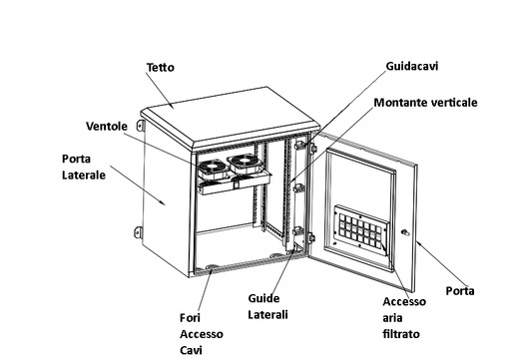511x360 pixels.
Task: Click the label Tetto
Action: coord(161,68)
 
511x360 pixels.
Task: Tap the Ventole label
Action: coord(107,127)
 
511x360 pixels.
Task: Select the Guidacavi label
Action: coord(412,66)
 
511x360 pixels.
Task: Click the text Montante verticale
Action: coord(425,103)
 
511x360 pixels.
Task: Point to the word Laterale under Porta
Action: coord(84,176)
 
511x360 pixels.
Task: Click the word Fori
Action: coord(190,318)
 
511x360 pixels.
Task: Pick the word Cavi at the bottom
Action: coord(191,350)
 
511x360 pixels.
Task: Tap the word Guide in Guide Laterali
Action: coord(263,298)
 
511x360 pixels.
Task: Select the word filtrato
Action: coord(401,334)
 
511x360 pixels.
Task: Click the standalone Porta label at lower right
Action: coord(460,291)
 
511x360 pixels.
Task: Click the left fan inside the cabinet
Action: coord(213,169)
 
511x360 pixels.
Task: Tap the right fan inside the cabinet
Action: coord(246,163)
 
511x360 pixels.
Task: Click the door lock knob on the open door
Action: coord(405,232)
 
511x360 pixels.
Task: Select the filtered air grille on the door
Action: coord(361,230)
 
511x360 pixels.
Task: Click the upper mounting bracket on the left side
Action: coord(141,126)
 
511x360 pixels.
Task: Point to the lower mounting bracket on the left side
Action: coord(139,232)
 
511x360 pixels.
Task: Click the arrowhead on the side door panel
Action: coord(163,202)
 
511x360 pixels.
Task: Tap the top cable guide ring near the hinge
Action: coord(300,145)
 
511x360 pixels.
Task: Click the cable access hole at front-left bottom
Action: coord(212,267)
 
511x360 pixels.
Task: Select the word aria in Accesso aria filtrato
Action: coord(392,318)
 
